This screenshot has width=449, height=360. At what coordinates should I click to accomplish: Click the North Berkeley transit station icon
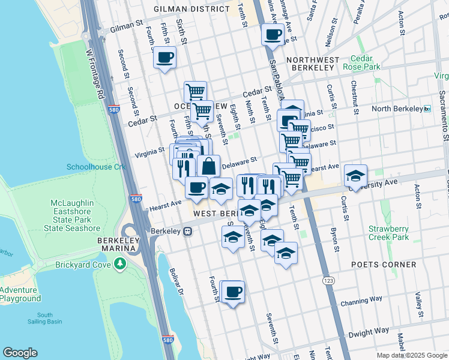(427, 109)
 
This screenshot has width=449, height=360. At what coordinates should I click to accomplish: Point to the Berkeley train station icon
(188, 231)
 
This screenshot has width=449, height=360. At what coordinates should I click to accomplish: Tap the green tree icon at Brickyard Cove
(121, 263)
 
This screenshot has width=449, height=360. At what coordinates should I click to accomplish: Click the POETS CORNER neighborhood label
(385, 265)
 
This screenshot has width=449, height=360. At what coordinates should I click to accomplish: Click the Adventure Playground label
(20, 294)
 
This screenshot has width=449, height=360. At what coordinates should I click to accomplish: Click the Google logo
(20, 353)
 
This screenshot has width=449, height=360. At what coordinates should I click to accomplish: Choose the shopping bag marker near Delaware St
(208, 166)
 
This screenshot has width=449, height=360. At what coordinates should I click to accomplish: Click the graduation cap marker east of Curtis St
(355, 175)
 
